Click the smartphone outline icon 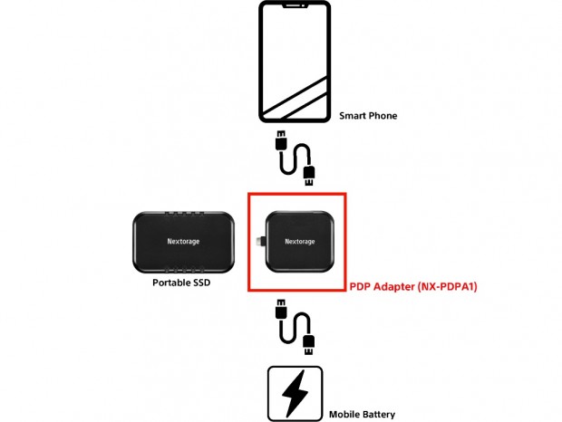(x=294, y=61)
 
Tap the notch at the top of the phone (x=294, y=7)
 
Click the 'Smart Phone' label (x=368, y=116)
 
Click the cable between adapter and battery (x=295, y=327)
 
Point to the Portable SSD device (x=183, y=243)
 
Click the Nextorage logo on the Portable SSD (x=184, y=243)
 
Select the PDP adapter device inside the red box (x=299, y=242)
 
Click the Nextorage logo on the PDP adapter (x=300, y=242)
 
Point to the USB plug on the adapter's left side (x=260, y=242)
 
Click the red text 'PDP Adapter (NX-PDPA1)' (x=413, y=286)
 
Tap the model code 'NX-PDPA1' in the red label (x=446, y=286)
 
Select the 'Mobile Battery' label (x=361, y=414)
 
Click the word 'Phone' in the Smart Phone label (x=382, y=116)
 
